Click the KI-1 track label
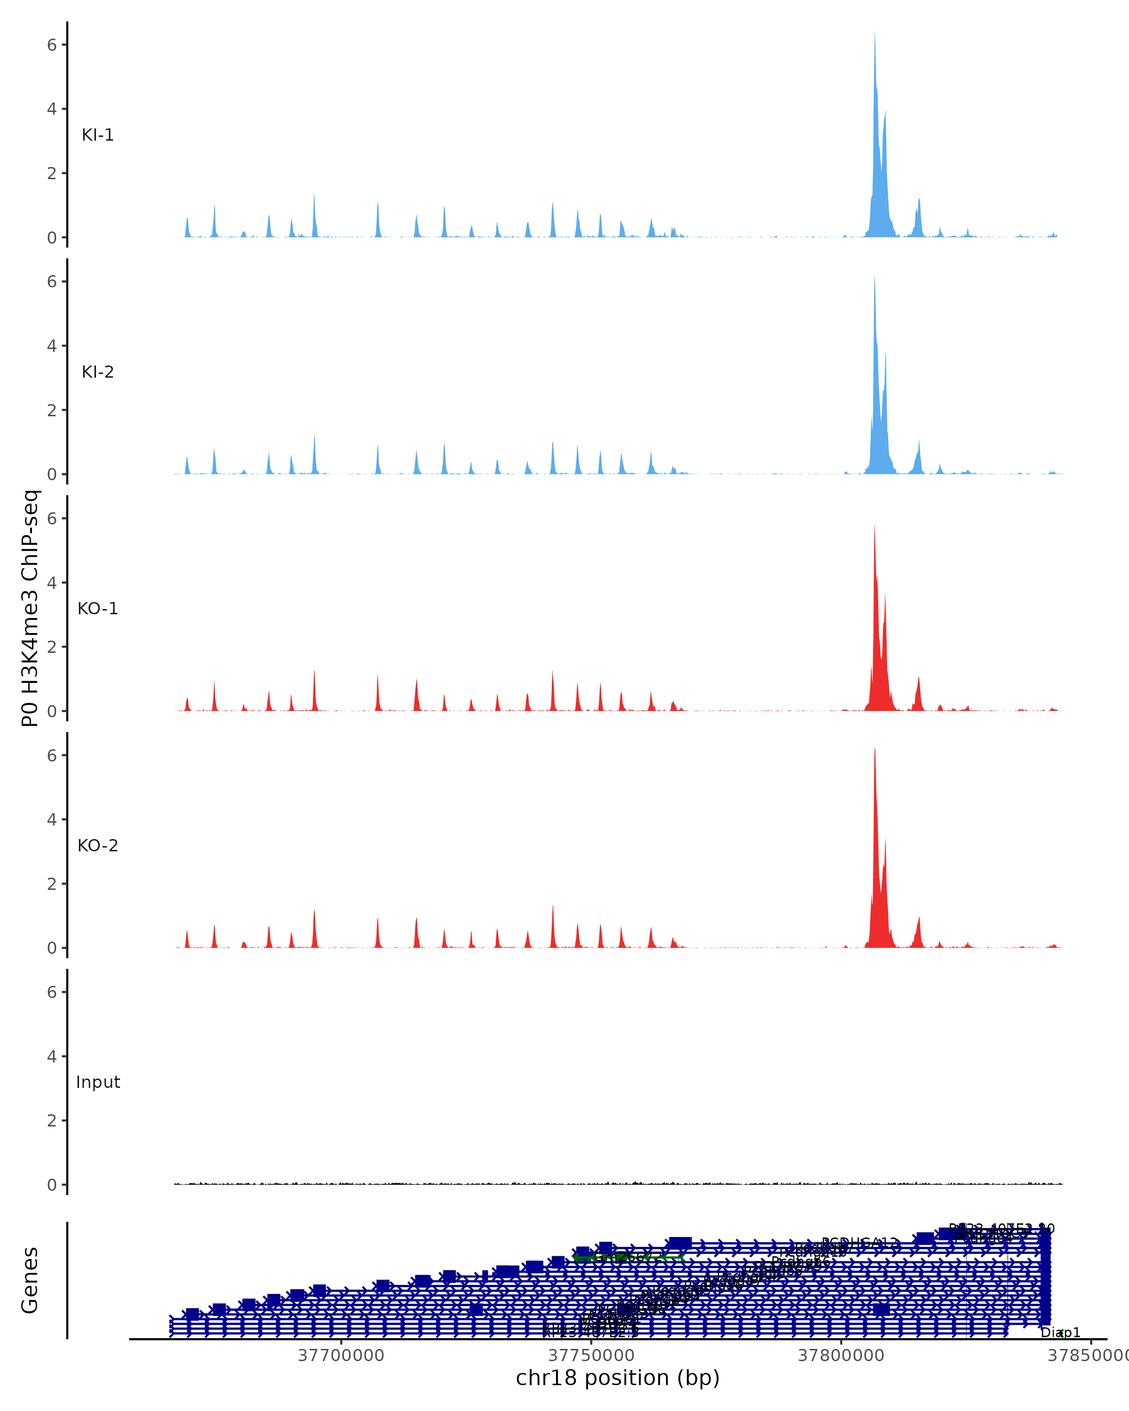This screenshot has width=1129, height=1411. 97,135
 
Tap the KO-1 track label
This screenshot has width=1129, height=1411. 97,609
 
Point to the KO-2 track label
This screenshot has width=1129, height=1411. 97,846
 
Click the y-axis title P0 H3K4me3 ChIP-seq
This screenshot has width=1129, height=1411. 30,608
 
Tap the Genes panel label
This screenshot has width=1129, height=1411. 30,1281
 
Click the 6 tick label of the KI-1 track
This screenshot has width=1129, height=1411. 52,45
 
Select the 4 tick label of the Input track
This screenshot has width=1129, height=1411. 52,1056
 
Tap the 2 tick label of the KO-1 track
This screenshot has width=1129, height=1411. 52,647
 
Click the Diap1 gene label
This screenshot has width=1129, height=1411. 1060,1332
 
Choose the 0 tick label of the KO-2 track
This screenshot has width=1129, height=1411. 52,948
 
